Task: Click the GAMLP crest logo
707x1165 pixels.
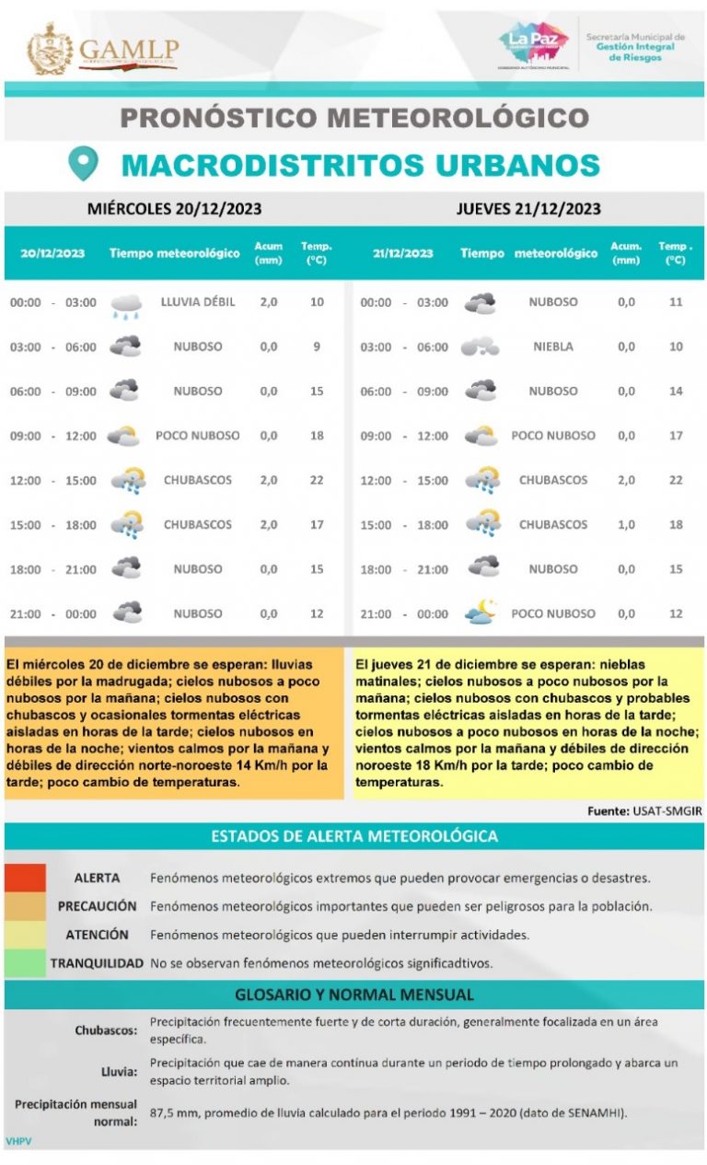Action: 50,50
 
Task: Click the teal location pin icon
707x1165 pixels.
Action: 84,164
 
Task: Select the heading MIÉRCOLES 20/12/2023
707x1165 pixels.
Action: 174,208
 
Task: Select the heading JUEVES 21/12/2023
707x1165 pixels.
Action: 528,208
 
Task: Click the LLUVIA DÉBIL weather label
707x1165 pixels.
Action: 198,302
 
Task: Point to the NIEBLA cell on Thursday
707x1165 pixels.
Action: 552,347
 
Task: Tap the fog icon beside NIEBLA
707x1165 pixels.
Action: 480,347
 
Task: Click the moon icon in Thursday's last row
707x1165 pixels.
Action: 481,612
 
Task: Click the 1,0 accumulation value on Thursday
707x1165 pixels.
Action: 626,525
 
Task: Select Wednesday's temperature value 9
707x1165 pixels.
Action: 317,347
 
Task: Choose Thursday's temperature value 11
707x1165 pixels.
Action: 676,302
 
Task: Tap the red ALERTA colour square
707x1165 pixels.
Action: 25,878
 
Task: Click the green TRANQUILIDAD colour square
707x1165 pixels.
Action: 25,963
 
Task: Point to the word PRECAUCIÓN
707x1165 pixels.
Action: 97,906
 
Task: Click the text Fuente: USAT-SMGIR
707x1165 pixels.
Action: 644,811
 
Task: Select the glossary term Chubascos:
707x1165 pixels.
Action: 106,1031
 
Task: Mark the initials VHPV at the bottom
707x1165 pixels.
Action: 18,1141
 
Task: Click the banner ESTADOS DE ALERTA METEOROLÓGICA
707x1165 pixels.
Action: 354,836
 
